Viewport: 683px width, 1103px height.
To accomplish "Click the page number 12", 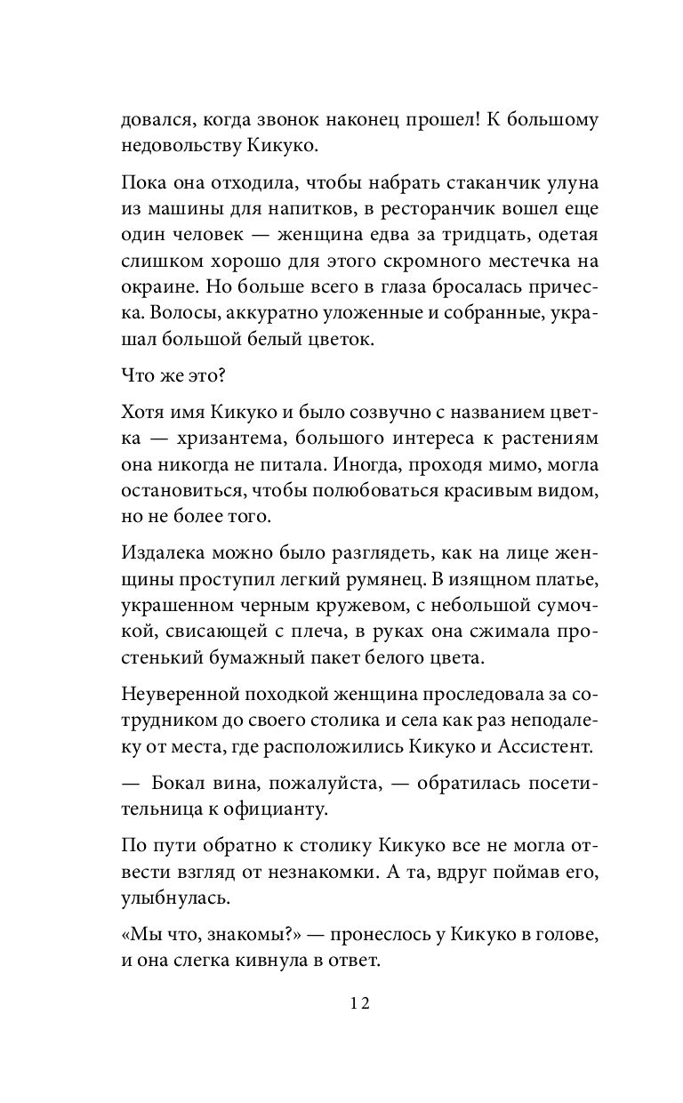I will point(358,1003).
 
